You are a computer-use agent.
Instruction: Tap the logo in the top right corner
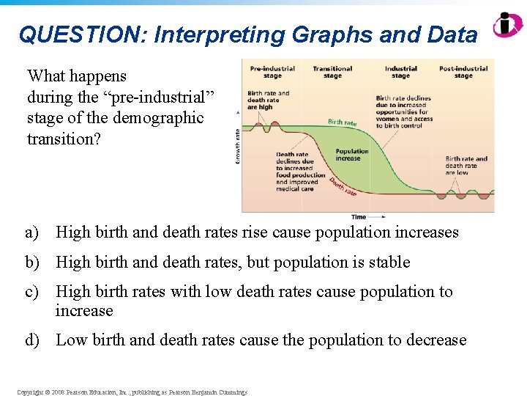click(507, 25)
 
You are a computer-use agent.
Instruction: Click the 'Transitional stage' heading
click(332, 72)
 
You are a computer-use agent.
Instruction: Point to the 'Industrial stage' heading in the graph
click(400, 72)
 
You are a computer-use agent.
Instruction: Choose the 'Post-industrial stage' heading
click(463, 72)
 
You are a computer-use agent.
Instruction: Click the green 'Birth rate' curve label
click(342, 122)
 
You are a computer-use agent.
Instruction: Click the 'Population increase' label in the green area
click(352, 155)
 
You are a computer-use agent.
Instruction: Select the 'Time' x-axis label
click(359, 217)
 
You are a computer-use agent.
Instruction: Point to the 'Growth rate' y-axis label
click(237, 146)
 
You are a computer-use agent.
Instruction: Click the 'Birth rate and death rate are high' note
click(268, 99)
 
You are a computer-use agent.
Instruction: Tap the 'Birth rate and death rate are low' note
click(466, 166)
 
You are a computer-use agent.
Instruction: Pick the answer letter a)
click(31, 233)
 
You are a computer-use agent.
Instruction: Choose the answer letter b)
click(32, 263)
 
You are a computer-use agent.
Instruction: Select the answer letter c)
click(31, 292)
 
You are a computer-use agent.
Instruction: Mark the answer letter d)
click(32, 340)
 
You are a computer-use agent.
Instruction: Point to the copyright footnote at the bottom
click(132, 392)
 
